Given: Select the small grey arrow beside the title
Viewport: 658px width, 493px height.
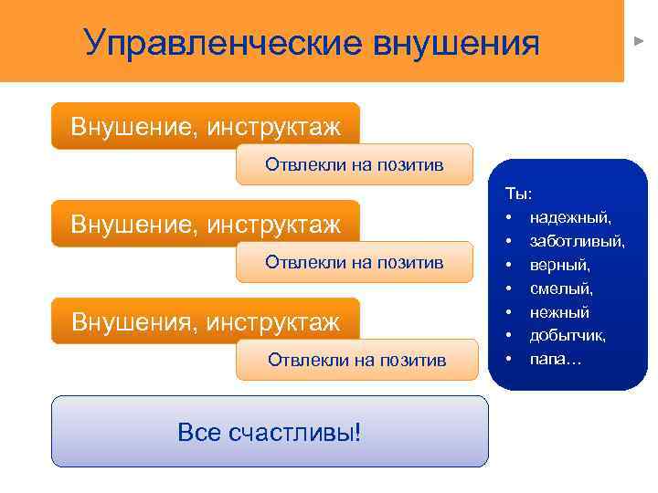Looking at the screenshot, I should point(640,42).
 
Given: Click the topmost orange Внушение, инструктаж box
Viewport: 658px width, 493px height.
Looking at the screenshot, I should point(206,126).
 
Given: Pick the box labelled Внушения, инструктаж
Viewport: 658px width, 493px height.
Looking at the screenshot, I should point(206,321).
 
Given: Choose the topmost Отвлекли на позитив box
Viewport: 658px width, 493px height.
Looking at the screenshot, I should point(355,165).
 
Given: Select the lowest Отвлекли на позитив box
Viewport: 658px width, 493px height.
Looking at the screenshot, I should point(356,360).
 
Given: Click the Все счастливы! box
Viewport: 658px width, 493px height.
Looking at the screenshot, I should point(270,431).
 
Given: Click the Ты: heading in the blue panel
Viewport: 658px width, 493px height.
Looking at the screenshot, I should point(517,194).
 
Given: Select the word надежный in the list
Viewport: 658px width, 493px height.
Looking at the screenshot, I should point(570,218).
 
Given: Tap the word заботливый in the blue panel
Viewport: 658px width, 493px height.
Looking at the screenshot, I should point(578,242).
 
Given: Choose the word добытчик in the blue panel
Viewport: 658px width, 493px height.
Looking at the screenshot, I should point(568,336).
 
